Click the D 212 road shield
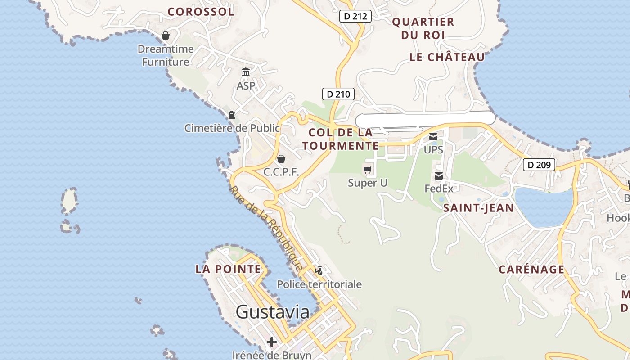355,17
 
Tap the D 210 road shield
338,94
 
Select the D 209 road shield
539,165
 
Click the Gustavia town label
272,312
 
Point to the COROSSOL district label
201,12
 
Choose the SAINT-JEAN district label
478,208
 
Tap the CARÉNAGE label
531,270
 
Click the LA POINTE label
228,269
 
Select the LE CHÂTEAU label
447,57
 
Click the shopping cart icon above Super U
368,170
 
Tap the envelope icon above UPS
433,137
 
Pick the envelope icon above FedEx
439,176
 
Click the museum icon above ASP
246,72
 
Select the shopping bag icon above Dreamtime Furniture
166,36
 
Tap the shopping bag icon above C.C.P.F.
281,159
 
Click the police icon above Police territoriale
319,270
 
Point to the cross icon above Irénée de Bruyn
272,342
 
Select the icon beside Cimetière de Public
232,115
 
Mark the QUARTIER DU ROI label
423,28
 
